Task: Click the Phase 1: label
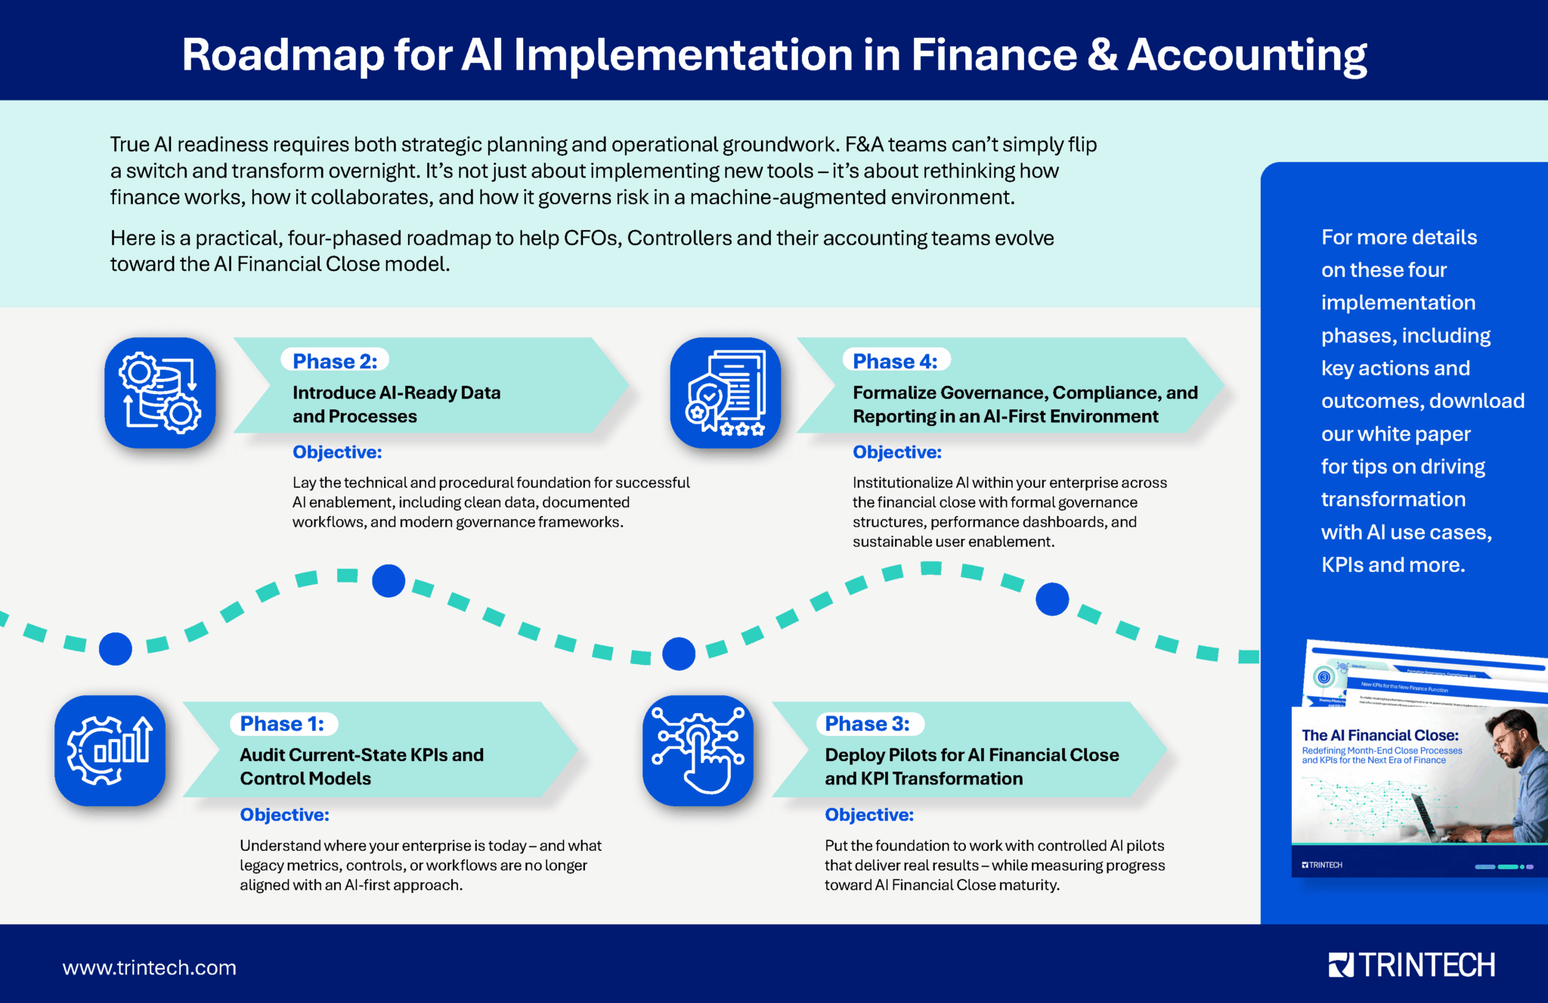click(x=282, y=724)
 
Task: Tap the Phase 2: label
click(x=335, y=362)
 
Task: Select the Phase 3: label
click(x=867, y=724)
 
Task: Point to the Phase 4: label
click(x=895, y=362)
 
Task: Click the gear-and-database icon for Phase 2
click(x=160, y=393)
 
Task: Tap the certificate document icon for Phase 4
click(x=725, y=393)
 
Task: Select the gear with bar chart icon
click(x=110, y=750)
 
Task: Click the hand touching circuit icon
click(x=698, y=750)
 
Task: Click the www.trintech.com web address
click(x=149, y=967)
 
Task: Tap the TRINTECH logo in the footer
click(x=1411, y=965)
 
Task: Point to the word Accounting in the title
click(x=1246, y=55)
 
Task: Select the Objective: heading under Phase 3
click(x=868, y=815)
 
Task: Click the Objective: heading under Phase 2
click(x=337, y=452)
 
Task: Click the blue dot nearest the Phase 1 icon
click(x=116, y=648)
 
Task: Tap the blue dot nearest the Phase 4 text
click(x=1051, y=599)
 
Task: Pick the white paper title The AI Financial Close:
click(x=1379, y=735)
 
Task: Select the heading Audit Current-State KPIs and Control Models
click(x=361, y=766)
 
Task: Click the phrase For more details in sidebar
click(x=1398, y=238)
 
